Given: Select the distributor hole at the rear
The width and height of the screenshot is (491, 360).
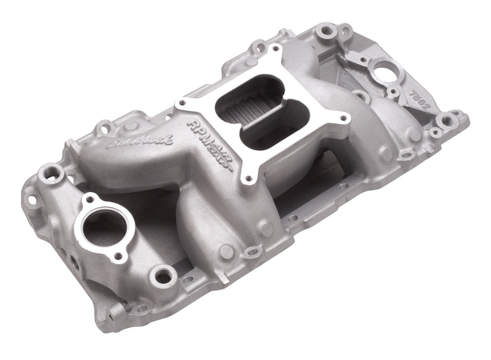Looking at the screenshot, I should click(x=383, y=73).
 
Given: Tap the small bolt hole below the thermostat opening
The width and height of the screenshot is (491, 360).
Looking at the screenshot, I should click(x=119, y=255).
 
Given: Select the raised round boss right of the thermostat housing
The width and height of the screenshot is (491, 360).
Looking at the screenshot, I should click(x=164, y=276).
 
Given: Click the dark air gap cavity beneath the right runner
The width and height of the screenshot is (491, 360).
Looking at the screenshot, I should click(x=319, y=175).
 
